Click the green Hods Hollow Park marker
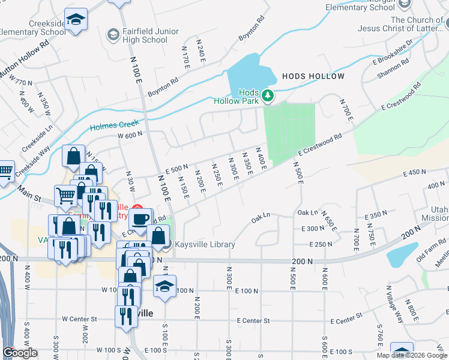(x=268, y=95)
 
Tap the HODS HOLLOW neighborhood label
(x=313, y=76)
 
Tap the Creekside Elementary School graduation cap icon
(x=76, y=20)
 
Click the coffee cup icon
(x=140, y=220)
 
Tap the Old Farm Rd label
(x=433, y=247)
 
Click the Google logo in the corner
(x=20, y=353)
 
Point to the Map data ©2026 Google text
(x=411, y=355)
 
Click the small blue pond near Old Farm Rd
(x=401, y=254)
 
